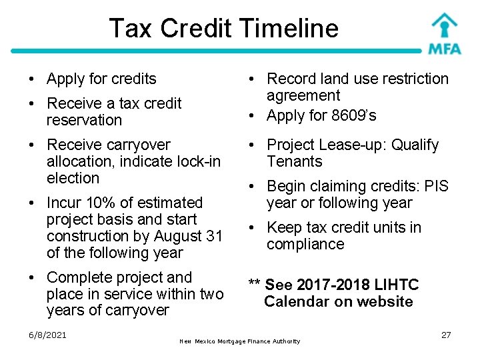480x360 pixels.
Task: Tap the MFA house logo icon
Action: click(x=444, y=25)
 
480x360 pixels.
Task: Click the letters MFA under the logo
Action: click(x=444, y=48)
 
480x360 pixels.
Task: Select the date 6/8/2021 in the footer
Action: click(x=47, y=335)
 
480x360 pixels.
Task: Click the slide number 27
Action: click(x=446, y=335)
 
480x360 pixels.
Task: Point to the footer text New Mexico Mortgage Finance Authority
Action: click(x=240, y=341)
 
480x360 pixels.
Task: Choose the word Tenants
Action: click(x=294, y=161)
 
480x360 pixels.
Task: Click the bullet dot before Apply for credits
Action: click(x=32, y=79)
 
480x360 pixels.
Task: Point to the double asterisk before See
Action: click(x=254, y=285)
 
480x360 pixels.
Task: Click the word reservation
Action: click(x=84, y=120)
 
